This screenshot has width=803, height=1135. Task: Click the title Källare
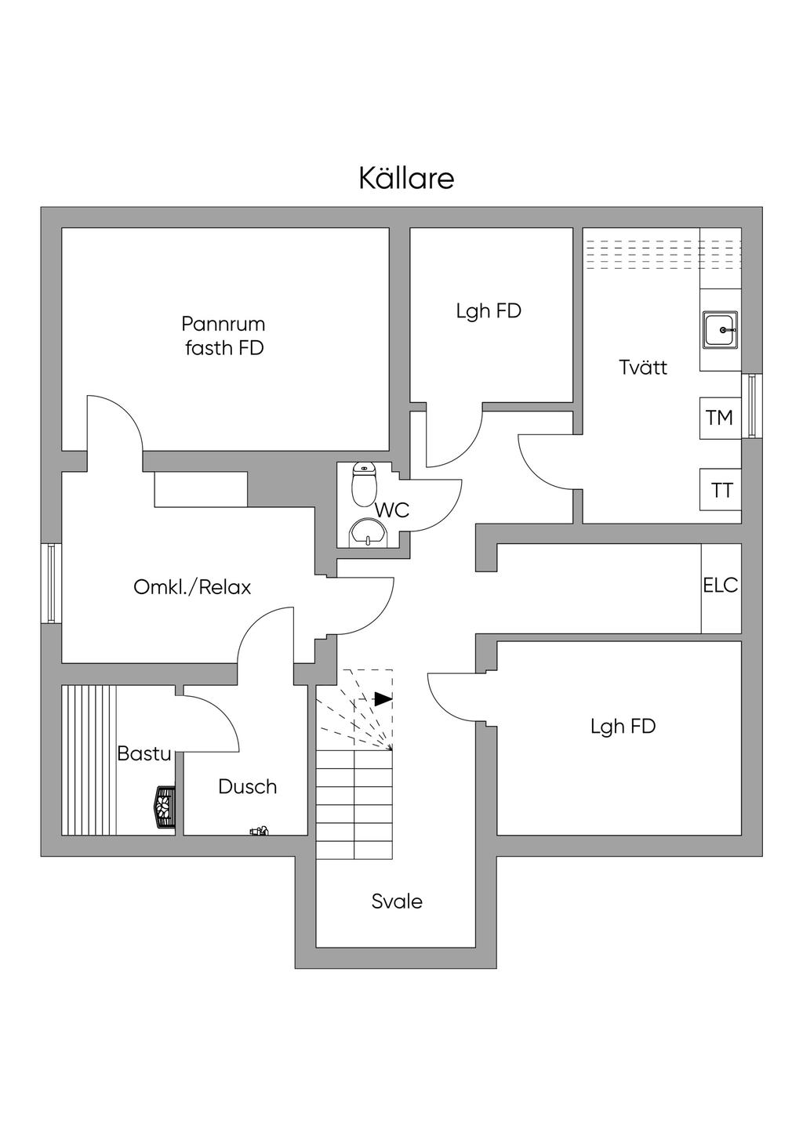[406, 179]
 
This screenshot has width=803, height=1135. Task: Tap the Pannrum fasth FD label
[224, 335]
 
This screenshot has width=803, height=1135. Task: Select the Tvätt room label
[643, 367]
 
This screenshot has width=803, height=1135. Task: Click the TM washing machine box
[720, 418]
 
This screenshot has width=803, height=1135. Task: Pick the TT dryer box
[721, 490]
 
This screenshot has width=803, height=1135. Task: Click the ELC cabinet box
[721, 586]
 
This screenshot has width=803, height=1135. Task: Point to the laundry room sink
[720, 329]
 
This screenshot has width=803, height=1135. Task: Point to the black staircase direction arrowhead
[383, 698]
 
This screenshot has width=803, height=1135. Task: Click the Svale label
[397, 901]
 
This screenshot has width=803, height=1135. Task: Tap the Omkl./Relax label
[192, 587]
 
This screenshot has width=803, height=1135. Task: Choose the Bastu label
[144, 754]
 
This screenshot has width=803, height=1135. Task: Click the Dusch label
[248, 786]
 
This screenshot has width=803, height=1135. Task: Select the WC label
[391, 510]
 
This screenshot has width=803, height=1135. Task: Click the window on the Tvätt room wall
[752, 405]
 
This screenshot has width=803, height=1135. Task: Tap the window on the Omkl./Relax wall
[51, 583]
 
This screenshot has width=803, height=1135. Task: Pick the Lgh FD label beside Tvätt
[489, 311]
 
